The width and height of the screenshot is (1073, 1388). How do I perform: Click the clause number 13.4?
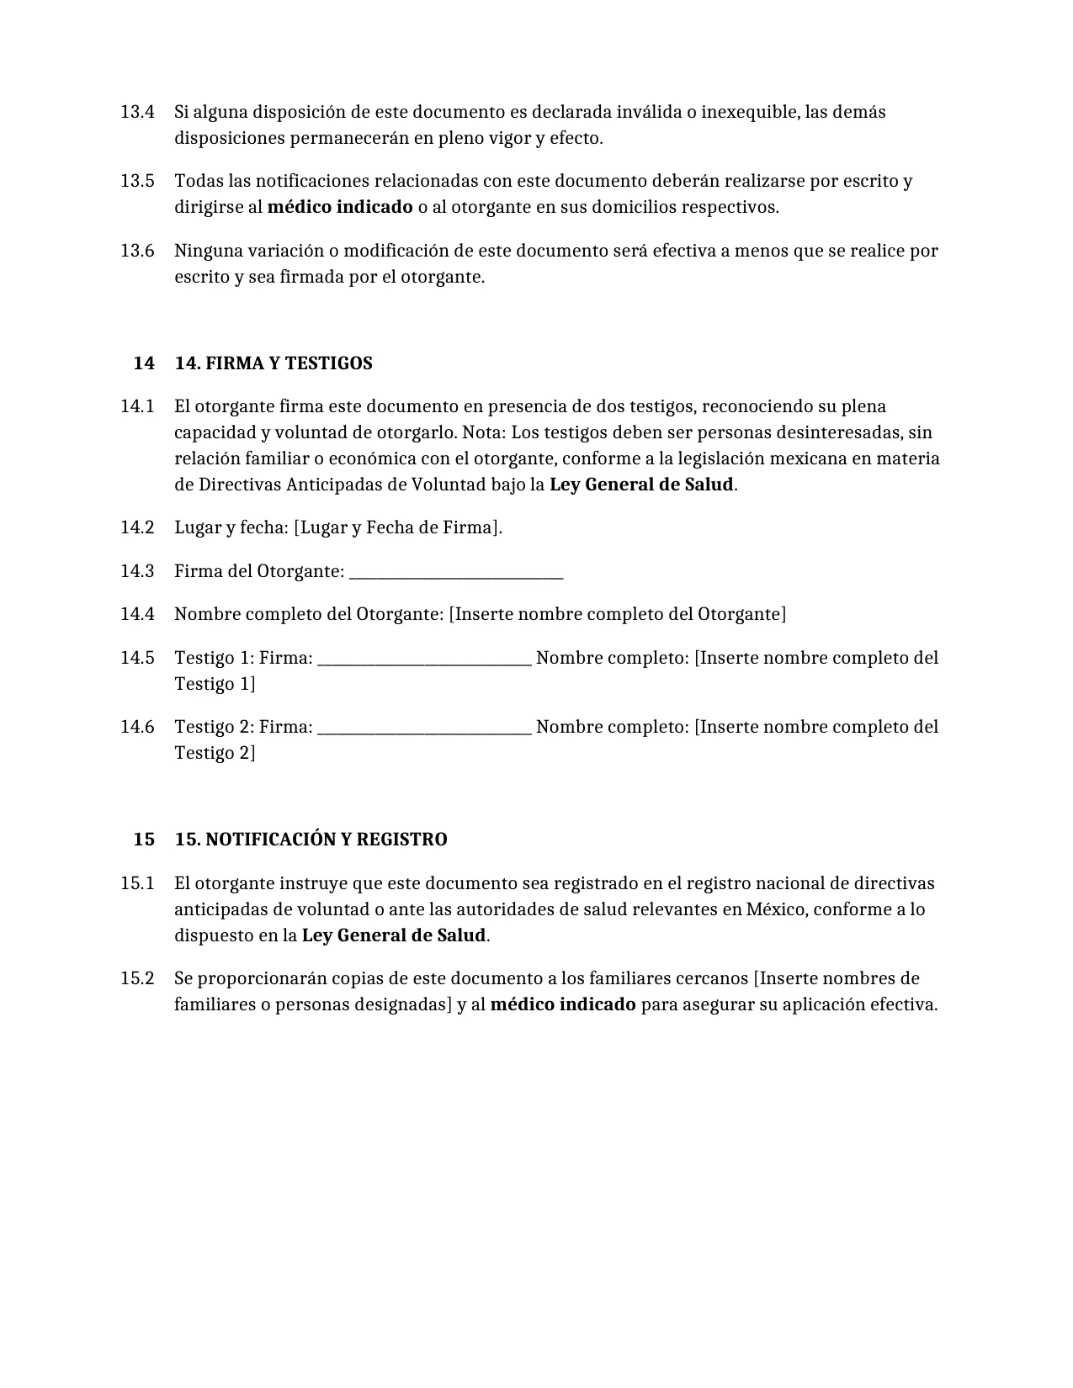[137, 112]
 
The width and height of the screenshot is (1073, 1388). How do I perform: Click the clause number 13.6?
[137, 251]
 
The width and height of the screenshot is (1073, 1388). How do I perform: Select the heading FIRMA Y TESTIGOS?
[274, 363]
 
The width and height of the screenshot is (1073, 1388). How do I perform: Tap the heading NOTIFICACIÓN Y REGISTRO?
[311, 840]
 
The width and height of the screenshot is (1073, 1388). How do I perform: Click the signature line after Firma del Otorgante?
[455, 574]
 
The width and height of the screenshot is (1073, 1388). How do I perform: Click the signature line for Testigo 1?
[424, 660]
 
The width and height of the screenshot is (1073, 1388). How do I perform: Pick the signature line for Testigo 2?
[424, 729]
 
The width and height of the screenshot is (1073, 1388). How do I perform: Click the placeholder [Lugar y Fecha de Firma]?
[397, 528]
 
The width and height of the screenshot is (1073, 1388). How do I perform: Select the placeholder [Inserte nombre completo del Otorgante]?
[617, 614]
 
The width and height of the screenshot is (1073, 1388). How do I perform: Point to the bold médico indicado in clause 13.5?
[340, 207]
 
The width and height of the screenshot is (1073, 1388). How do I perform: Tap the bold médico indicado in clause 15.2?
[563, 1004]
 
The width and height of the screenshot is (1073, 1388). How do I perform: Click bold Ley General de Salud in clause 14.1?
[641, 485]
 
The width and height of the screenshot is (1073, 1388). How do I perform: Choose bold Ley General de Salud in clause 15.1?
[394, 935]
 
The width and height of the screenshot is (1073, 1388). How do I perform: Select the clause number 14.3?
[137, 571]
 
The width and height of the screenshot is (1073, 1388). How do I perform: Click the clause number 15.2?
[137, 978]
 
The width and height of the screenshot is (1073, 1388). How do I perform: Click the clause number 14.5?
[137, 658]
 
